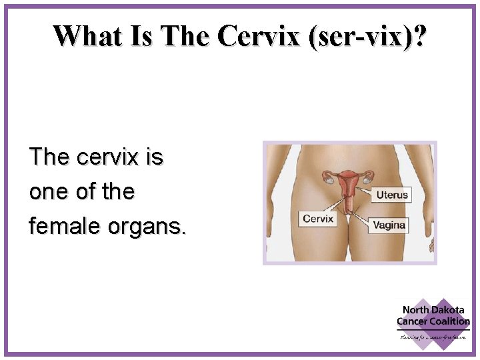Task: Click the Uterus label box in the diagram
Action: (x=391, y=195)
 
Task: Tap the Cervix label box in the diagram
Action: (x=317, y=219)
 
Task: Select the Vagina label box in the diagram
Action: (x=389, y=225)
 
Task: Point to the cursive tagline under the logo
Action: (x=433, y=337)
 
